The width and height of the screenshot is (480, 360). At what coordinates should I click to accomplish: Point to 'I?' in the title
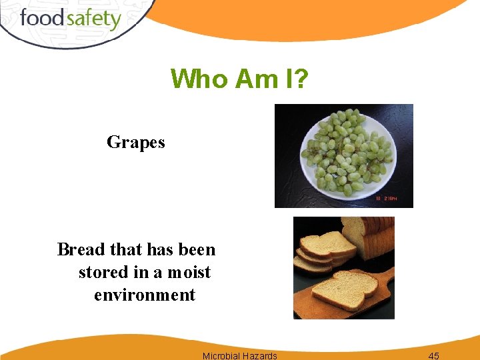(x=294, y=79)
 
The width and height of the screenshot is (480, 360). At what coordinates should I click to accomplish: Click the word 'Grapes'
(x=135, y=142)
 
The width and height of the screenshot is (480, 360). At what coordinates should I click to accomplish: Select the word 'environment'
(x=145, y=295)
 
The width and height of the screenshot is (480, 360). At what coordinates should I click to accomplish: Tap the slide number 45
(x=433, y=355)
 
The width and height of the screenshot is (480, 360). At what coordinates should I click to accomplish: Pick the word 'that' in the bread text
(x=125, y=249)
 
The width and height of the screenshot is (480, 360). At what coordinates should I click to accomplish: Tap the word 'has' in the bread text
(x=160, y=249)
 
